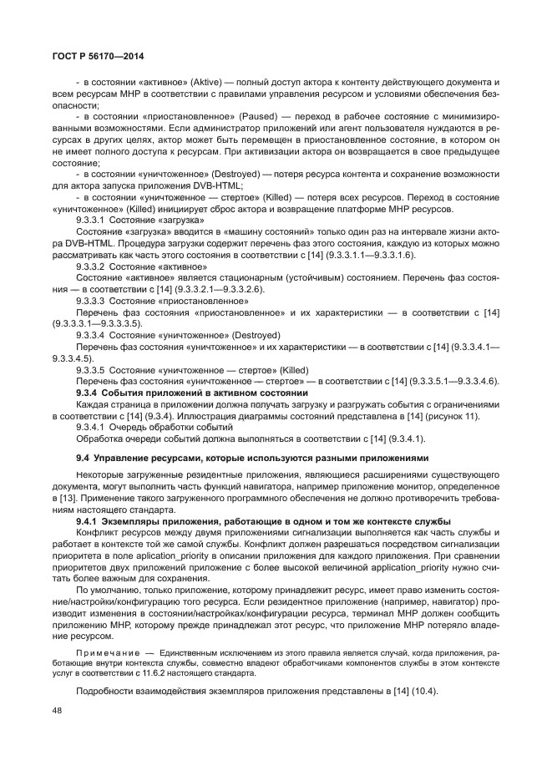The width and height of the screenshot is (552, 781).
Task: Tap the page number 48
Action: point(57,710)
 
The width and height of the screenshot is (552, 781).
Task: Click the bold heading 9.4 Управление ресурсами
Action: point(251,458)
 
